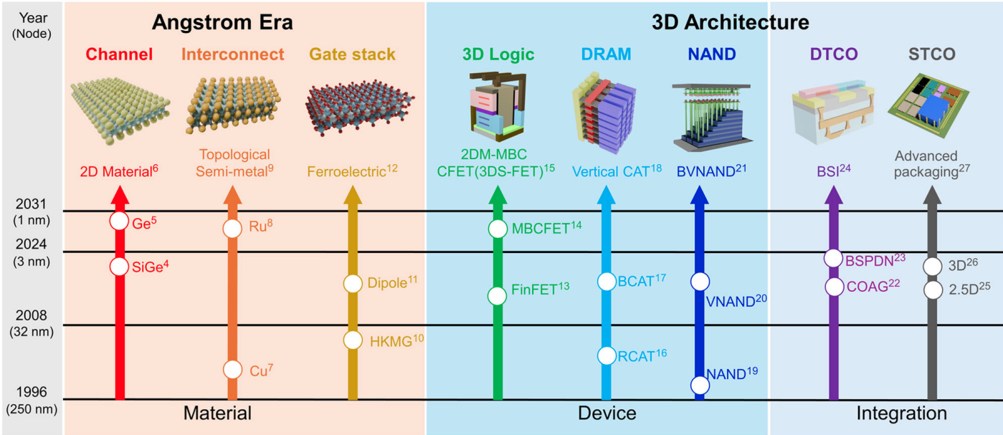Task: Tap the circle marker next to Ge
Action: click(119, 221)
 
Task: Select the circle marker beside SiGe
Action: click(119, 267)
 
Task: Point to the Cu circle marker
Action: click(232, 369)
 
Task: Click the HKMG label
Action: click(391, 341)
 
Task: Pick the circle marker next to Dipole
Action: click(352, 283)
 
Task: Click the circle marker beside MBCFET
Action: click(498, 229)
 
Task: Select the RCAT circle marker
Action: click(607, 355)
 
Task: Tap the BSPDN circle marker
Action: click(833, 258)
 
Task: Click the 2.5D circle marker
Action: click(932, 290)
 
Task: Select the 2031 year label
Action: click(31, 203)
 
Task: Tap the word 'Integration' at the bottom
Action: click(901, 414)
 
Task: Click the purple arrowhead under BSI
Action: click(833, 195)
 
